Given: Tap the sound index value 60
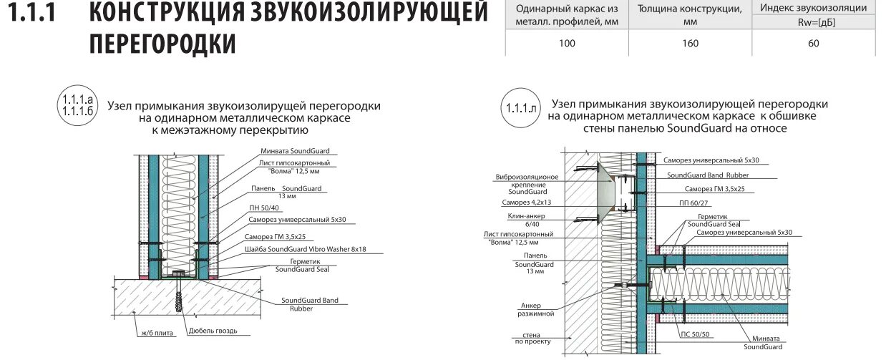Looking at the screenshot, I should [x=814, y=43].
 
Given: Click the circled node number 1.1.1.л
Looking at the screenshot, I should [x=521, y=109].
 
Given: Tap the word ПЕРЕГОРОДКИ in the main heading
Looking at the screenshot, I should [x=162, y=44].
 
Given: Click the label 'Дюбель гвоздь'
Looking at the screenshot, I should [x=213, y=331].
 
